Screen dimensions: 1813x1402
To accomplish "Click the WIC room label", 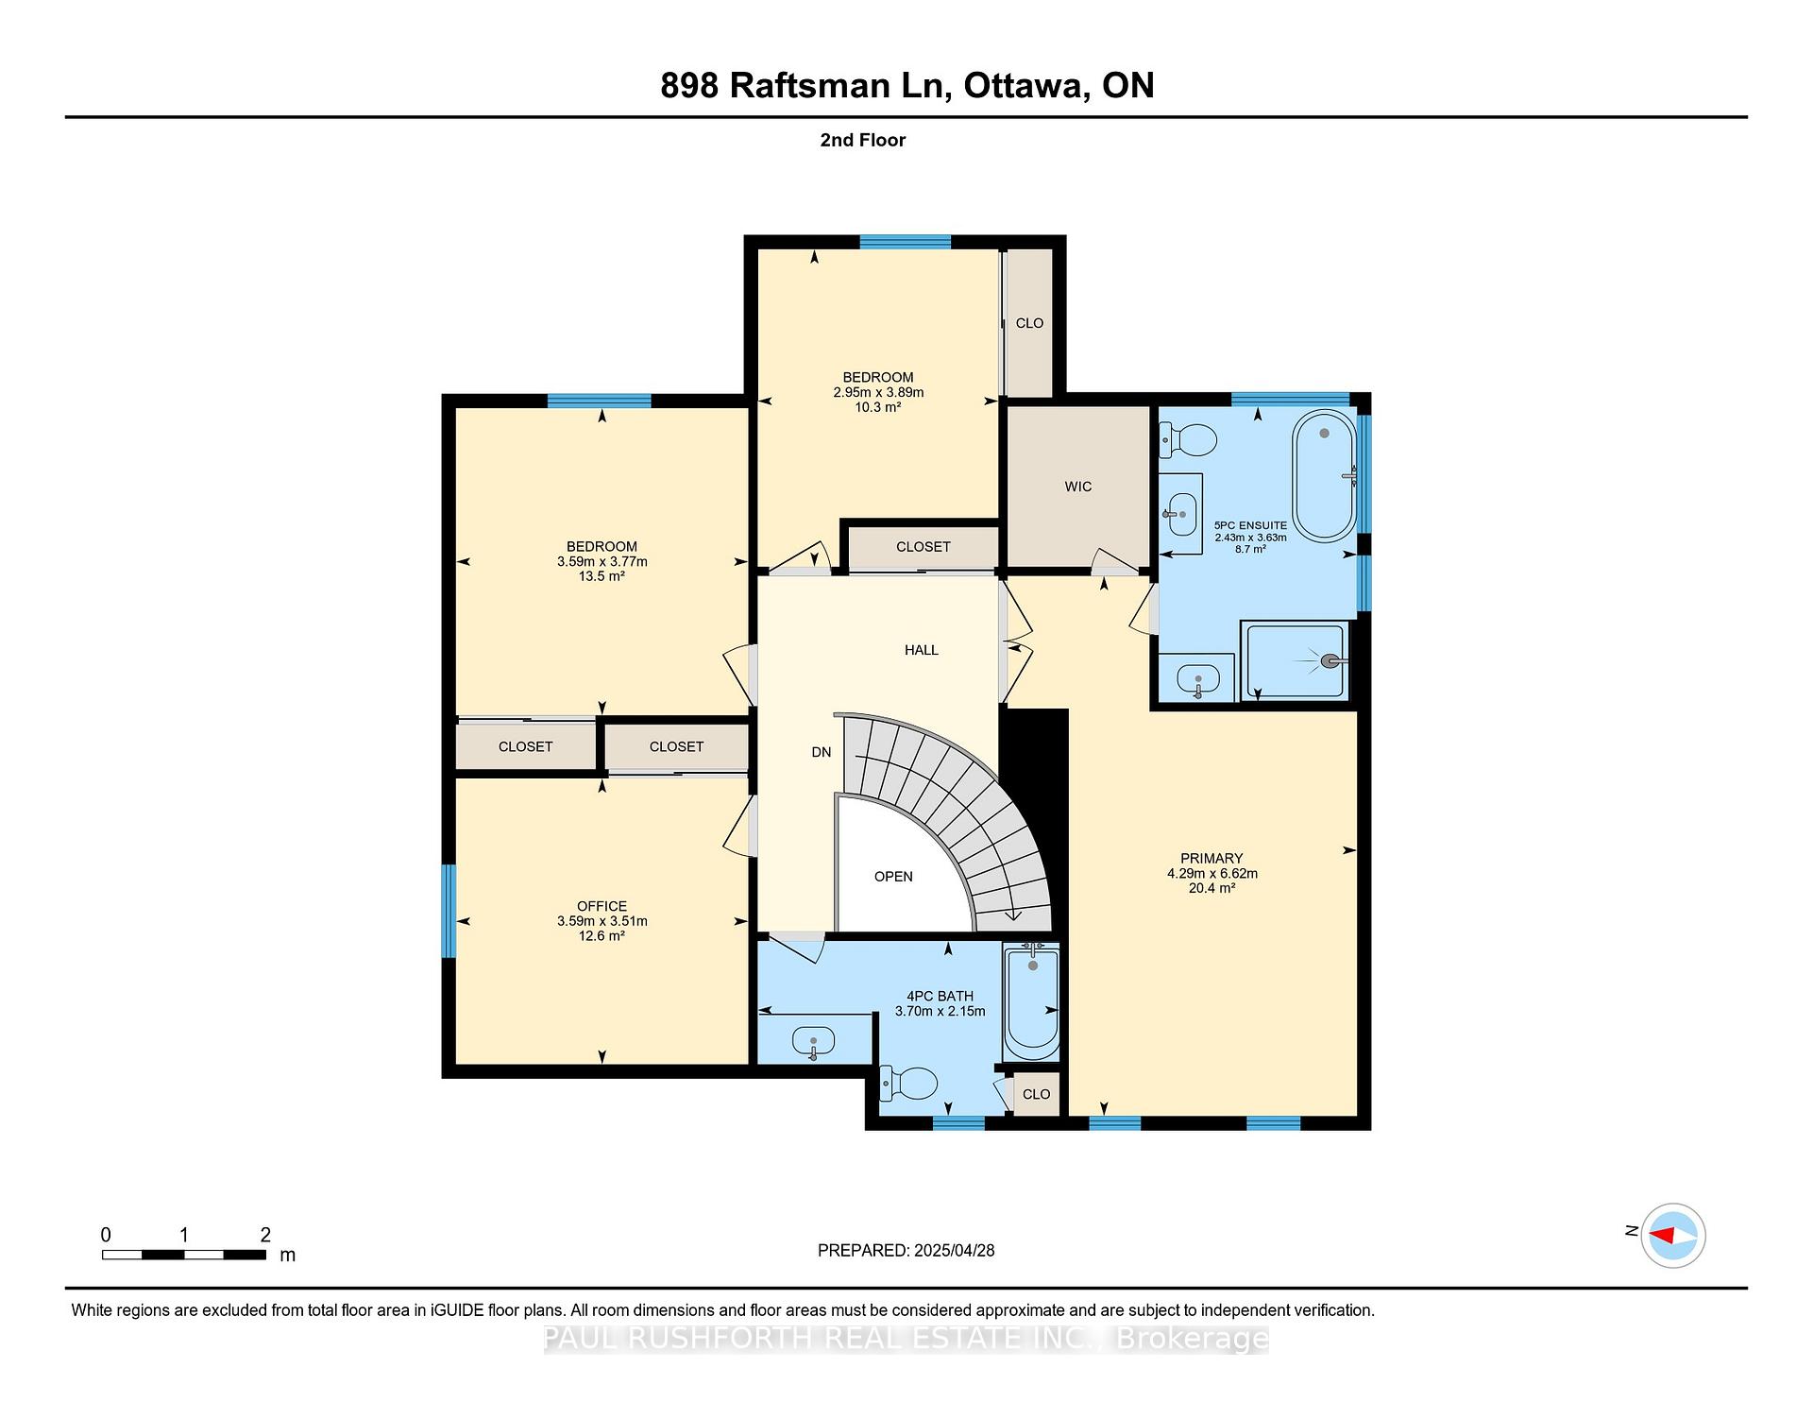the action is click(x=1077, y=487).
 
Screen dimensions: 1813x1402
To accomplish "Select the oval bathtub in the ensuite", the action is click(x=1324, y=475).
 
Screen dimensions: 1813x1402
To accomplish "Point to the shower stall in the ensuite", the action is click(x=1296, y=661).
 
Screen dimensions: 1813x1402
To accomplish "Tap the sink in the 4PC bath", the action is click(x=813, y=1043).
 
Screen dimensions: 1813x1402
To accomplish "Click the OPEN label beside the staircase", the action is click(x=893, y=877).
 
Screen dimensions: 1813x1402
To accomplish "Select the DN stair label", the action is click(x=822, y=752).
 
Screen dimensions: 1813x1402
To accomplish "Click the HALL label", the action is click(x=922, y=650).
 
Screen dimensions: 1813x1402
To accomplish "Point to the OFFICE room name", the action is click(x=602, y=906).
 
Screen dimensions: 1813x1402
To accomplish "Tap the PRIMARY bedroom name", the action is click(x=1211, y=859).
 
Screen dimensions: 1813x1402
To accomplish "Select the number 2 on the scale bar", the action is click(x=265, y=1235).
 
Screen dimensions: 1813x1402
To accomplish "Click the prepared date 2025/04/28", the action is click(x=955, y=1251).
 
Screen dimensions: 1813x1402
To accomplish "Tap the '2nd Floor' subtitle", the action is click(x=863, y=140).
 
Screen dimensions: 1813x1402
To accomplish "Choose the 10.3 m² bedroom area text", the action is click(x=878, y=407).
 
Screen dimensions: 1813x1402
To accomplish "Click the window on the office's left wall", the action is click(x=449, y=911).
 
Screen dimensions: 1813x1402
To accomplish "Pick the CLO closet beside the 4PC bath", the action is click(x=1036, y=1094).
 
